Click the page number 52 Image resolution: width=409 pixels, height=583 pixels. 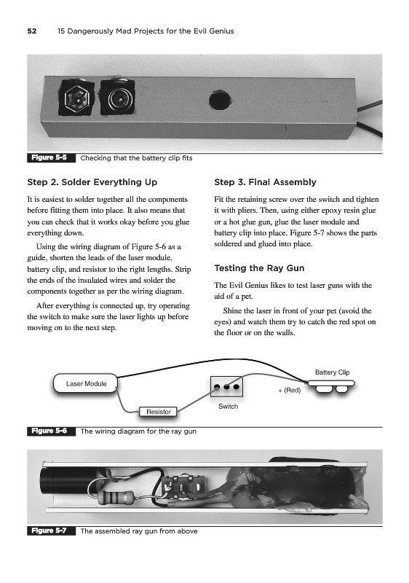[32, 31]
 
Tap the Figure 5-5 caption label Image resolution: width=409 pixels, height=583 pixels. [49, 157]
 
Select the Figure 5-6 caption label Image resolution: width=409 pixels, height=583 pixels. [49, 431]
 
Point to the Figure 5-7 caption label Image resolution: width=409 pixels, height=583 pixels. [49, 531]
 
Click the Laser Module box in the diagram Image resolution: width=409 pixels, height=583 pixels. [86, 383]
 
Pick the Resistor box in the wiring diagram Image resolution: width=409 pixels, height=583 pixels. [158, 412]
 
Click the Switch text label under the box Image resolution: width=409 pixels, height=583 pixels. [229, 407]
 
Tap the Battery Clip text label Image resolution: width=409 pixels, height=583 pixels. [332, 372]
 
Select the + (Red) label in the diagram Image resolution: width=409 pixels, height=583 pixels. [290, 390]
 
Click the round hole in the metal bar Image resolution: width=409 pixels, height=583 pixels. [220, 100]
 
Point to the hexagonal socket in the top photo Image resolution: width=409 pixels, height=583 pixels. [77, 98]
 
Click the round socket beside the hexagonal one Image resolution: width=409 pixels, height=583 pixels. [117, 98]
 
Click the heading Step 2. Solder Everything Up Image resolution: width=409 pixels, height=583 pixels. [92, 182]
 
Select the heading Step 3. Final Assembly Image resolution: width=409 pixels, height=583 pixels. [265, 182]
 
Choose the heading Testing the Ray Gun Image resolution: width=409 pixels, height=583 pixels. [259, 268]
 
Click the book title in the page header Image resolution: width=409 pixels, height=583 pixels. [146, 31]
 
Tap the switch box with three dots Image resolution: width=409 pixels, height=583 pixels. [226, 387]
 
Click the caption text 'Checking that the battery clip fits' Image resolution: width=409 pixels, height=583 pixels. [136, 158]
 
